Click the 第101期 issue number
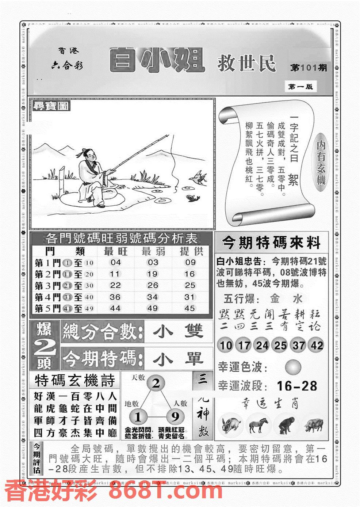pyautogui.click(x=309, y=68)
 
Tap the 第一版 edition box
pyautogui.click(x=300, y=87)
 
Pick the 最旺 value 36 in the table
pyautogui.click(x=115, y=297)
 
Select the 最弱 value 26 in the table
pyautogui.click(x=153, y=285)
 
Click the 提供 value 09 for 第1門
pyautogui.click(x=190, y=262)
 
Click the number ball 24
pyautogui.click(x=262, y=345)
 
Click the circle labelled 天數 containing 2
pyautogui.click(x=156, y=384)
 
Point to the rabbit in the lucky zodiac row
pyautogui.click(x=230, y=424)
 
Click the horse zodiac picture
pyautogui.click(x=258, y=424)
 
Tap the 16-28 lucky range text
pyautogui.click(x=297, y=386)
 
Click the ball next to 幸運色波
pyautogui.click(x=293, y=366)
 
